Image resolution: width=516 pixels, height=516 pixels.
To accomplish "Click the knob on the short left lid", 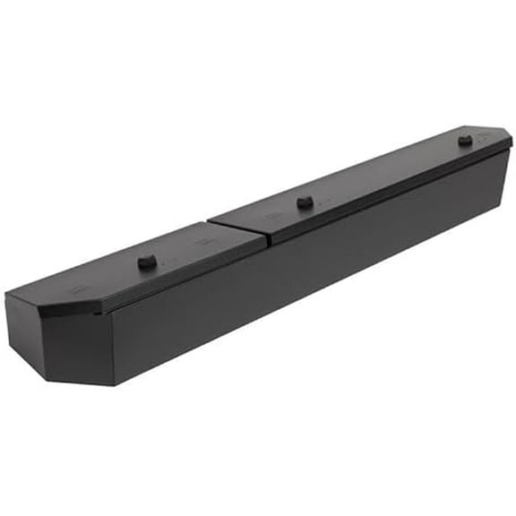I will pyautogui.click(x=146, y=262).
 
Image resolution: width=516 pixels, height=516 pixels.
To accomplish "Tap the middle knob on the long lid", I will pyautogui.click(x=305, y=202).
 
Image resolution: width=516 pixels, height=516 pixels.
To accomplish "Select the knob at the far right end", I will pyautogui.click(x=464, y=140).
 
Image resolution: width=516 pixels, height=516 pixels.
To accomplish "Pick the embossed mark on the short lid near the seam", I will pyautogui.click(x=204, y=242).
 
